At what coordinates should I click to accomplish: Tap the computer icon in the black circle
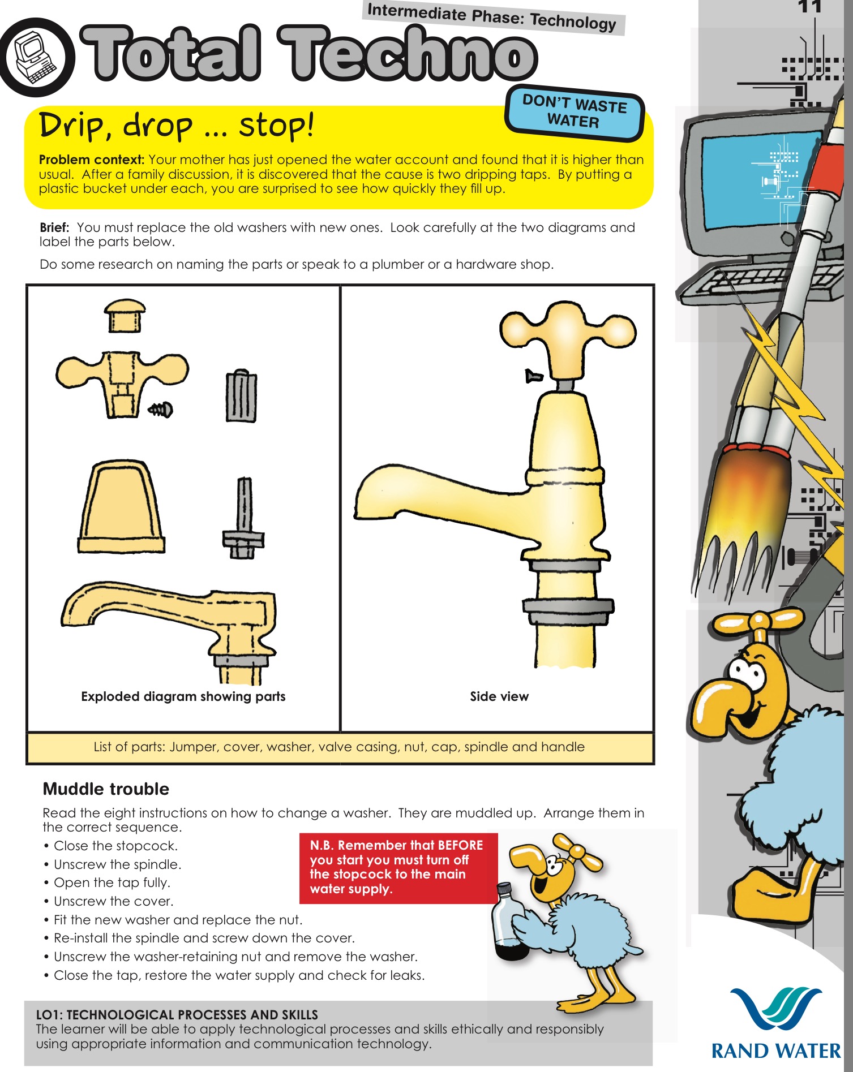click(x=35, y=58)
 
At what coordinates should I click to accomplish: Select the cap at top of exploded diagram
click(x=125, y=315)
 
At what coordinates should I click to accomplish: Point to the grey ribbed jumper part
click(x=242, y=397)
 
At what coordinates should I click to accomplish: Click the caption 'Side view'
click(x=499, y=696)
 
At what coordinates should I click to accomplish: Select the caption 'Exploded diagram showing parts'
click(x=183, y=696)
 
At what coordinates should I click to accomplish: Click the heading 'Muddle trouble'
click(x=106, y=789)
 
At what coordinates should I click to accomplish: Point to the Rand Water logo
click(x=775, y=1024)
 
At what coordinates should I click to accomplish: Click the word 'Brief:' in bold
click(x=54, y=227)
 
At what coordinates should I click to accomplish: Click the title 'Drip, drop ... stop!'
click(x=175, y=126)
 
